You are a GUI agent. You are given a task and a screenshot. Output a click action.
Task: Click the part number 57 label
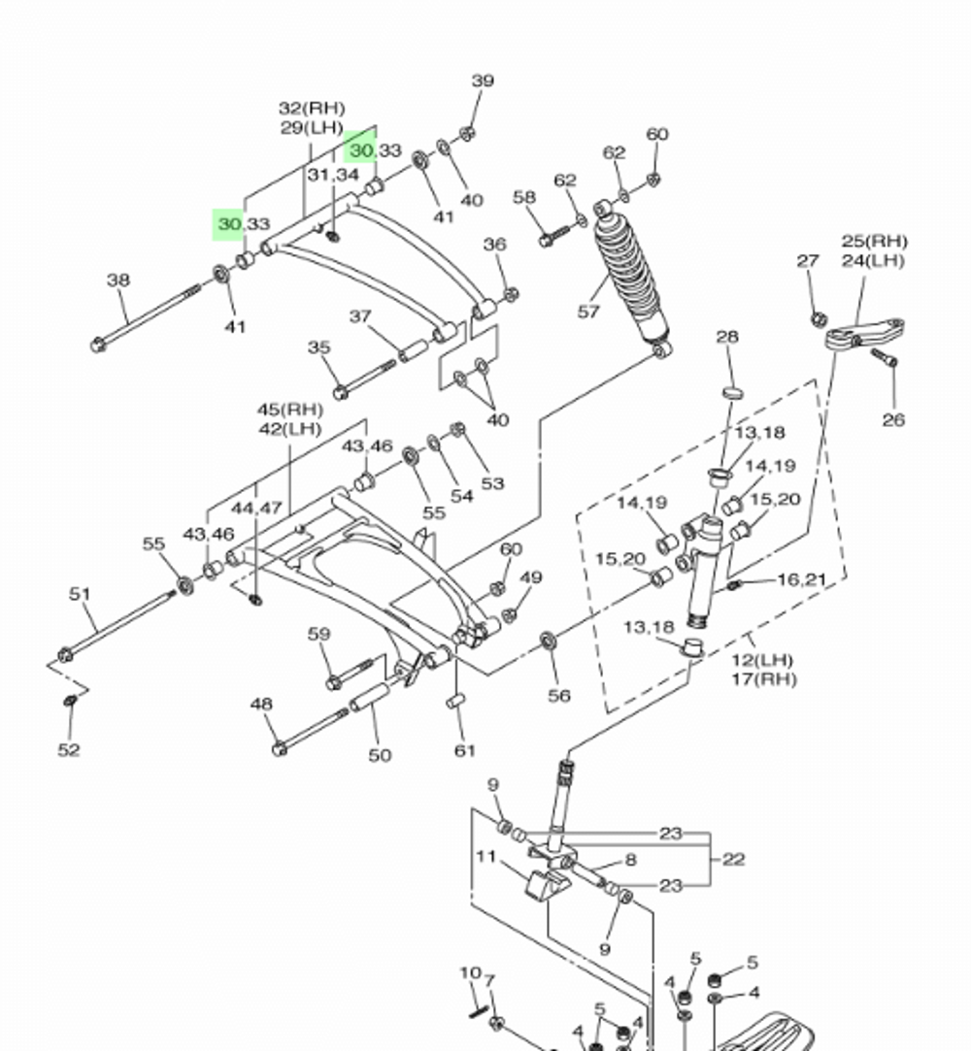[588, 312]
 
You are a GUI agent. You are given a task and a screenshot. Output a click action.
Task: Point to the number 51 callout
[80, 594]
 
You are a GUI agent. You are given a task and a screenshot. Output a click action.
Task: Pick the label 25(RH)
[874, 241]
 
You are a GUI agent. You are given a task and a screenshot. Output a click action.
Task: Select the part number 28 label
[726, 337]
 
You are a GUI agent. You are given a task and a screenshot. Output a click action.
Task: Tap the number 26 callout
[893, 419]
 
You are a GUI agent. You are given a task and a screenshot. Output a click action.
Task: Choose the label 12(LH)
[763, 661]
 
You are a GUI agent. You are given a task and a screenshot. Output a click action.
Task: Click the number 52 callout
[68, 749]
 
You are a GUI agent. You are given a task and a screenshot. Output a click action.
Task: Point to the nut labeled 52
[70, 700]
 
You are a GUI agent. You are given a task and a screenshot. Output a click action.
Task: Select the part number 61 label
[465, 749]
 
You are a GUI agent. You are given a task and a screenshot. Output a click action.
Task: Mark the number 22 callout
[733, 859]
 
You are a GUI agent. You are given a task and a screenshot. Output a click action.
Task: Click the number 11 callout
[485, 856]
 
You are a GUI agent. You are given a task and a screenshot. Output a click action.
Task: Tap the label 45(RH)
[289, 410]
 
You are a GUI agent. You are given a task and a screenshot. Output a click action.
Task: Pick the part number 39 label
[483, 81]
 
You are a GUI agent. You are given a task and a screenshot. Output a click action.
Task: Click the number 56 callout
[558, 695]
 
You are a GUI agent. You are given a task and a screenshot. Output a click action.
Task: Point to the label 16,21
[802, 579]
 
